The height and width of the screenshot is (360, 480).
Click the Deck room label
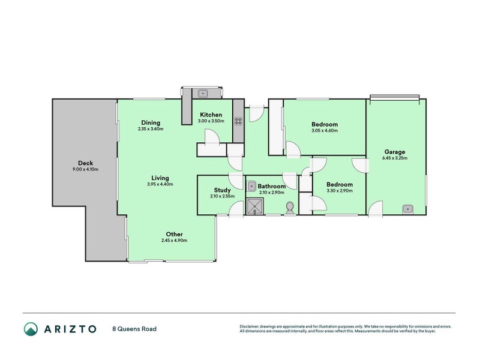coord(85,163)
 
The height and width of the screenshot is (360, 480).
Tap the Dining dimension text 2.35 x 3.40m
coord(151,129)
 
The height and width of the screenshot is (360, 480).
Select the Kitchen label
coord(211,115)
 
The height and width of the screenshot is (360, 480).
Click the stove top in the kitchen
coord(238,121)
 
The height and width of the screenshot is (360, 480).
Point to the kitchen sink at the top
coord(203,93)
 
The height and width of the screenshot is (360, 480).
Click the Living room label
coord(160,178)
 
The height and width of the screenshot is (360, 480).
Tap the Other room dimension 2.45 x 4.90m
coord(174,241)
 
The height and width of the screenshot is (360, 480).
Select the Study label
coord(222,190)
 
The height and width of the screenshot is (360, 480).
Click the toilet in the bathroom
coord(290,208)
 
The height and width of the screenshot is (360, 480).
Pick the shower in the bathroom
coord(254,206)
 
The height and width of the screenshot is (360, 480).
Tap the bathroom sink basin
coord(251,186)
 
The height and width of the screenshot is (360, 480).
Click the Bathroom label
coord(272,186)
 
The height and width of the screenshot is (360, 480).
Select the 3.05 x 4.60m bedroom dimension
coord(325,130)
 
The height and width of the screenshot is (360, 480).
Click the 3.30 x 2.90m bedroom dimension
coord(340,190)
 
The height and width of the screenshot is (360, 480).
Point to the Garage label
coord(395,152)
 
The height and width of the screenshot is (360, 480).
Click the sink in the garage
coord(407,209)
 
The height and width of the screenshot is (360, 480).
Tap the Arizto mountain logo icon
coord(31,329)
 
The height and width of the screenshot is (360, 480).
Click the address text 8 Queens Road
coord(134,329)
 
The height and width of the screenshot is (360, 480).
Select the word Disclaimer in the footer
coord(250,326)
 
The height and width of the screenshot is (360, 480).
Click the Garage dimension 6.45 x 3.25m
coord(395,158)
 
